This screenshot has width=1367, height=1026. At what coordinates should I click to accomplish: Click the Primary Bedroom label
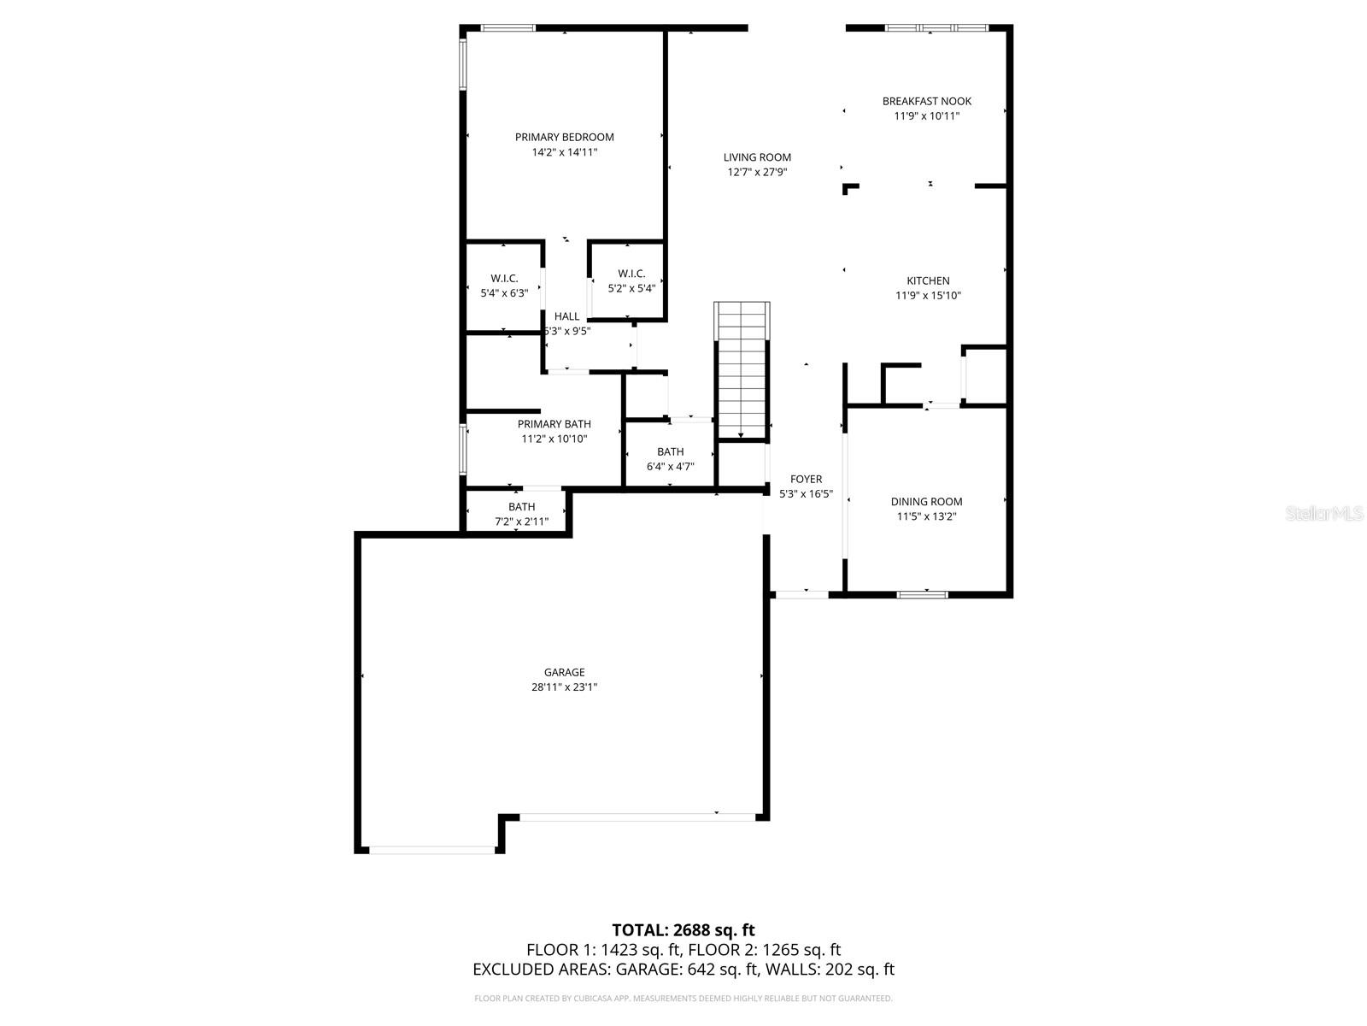point(564,137)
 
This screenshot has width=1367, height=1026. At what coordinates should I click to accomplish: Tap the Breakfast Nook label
point(927,101)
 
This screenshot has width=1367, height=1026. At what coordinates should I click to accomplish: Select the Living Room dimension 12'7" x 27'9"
point(757,172)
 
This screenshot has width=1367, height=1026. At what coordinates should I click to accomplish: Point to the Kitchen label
point(928,280)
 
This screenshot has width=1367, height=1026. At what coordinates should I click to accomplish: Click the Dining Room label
point(926,502)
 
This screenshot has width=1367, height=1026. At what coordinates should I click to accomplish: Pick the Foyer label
point(806,480)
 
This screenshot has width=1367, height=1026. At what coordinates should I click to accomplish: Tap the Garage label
point(565,672)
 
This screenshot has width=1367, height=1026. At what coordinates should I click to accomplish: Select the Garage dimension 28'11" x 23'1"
point(565,687)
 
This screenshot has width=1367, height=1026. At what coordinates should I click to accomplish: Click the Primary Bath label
point(554,424)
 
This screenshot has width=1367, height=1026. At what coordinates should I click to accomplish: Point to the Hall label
point(566,316)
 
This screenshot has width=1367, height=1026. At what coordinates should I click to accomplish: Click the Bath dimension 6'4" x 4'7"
point(670,467)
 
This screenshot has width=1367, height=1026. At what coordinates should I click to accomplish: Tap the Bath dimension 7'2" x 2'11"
point(521,522)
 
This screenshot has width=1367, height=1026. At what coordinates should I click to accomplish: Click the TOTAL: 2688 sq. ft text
point(683,930)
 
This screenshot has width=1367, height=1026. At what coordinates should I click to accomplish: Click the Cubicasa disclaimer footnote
point(683,998)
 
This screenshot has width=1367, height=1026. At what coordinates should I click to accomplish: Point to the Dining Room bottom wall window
point(922,593)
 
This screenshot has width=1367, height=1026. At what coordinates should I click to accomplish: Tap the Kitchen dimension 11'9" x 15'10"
point(928,296)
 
